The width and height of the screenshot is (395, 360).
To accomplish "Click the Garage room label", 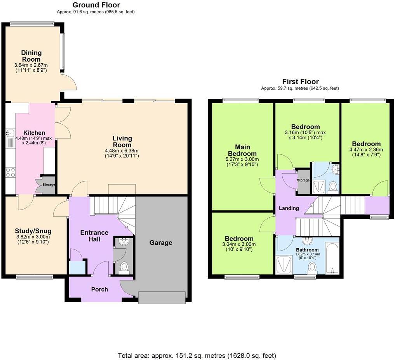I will click(160, 243).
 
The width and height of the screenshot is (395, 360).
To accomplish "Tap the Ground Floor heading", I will click(96, 5).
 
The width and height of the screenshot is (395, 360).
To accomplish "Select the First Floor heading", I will click(300, 82).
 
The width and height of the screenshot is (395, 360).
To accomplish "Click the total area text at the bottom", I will click(197, 355).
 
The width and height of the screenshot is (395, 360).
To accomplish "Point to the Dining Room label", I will click(31, 56).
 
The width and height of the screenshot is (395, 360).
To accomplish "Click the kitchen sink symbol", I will click(10, 134).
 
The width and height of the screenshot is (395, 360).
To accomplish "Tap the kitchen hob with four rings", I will click(10, 172).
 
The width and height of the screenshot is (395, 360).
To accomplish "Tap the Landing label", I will click(289, 208).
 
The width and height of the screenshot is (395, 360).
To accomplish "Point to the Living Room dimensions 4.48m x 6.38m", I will click(122, 151).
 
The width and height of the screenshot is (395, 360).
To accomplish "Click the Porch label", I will click(99, 289).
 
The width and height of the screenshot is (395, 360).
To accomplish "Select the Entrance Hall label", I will click(90, 236).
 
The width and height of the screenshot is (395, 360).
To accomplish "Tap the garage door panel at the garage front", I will click(162, 298).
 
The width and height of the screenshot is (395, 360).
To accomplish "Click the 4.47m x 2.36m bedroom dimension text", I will click(366, 150).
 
